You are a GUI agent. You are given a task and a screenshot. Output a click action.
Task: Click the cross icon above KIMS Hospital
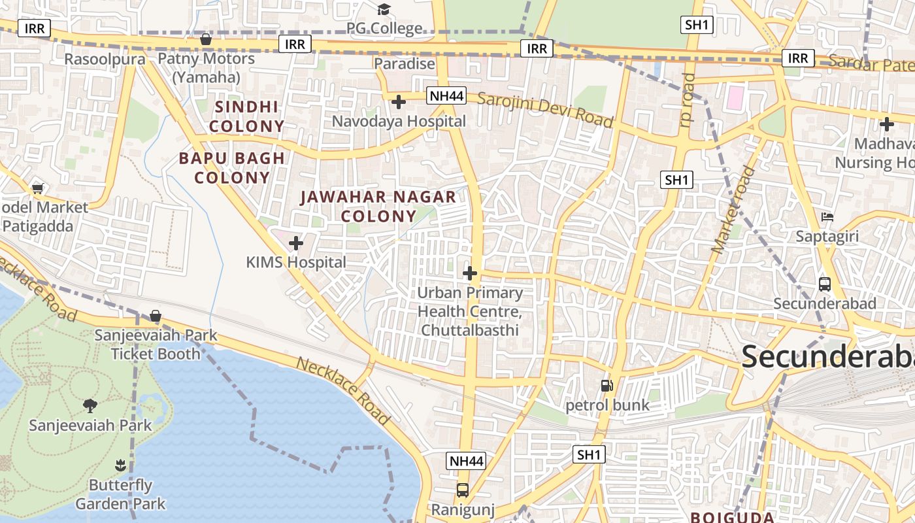click(x=296, y=243)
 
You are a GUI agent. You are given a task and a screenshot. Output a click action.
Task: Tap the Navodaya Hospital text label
click(x=399, y=121)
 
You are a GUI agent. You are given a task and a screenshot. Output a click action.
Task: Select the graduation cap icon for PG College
click(x=384, y=9)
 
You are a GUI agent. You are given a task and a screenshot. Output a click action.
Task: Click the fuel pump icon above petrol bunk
click(x=607, y=386)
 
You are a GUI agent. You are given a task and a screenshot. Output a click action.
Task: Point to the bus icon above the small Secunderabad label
click(x=825, y=284)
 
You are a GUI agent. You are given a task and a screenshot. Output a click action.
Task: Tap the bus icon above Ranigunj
click(x=463, y=490)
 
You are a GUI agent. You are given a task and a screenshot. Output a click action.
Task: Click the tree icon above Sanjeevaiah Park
click(x=90, y=406)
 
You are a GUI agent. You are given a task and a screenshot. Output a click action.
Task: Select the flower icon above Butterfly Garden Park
click(x=120, y=465)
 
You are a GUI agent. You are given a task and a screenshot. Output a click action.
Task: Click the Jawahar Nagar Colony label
click(x=378, y=206)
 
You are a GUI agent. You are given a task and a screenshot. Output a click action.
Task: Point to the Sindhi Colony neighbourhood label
click(x=248, y=116)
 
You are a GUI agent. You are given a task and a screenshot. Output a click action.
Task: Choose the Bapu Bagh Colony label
click(x=232, y=167)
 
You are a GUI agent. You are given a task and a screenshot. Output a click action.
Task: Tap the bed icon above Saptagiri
click(x=827, y=217)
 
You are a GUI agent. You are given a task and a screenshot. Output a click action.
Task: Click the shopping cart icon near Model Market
click(x=38, y=188)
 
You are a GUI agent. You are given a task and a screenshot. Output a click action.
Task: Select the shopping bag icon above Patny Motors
click(x=206, y=39)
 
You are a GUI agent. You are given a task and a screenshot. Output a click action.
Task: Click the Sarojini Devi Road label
click(x=545, y=110)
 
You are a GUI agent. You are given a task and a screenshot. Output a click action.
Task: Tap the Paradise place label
click(x=405, y=63)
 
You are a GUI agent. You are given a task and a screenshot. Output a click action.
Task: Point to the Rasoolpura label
click(x=105, y=59)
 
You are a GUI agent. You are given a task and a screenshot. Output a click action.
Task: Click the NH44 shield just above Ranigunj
click(x=467, y=461)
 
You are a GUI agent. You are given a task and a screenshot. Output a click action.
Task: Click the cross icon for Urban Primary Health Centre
click(x=470, y=273)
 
